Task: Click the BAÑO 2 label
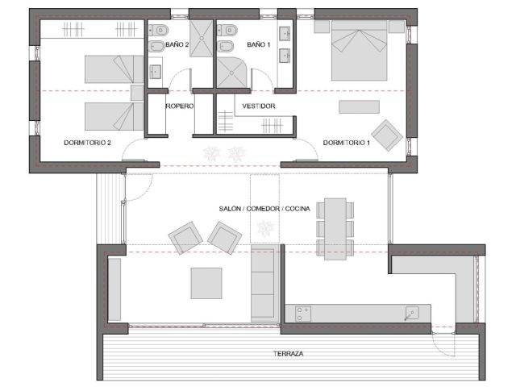(177, 44)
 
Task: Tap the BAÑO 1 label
(259, 44)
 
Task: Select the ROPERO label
(179, 106)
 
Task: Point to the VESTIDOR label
(259, 106)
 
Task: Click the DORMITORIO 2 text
(87, 143)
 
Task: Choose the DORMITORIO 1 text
(347, 143)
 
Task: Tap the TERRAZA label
(289, 354)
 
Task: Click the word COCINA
(298, 209)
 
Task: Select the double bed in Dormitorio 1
(359, 50)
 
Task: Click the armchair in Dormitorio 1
(387, 135)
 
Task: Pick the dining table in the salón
(335, 229)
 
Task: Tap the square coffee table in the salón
(206, 283)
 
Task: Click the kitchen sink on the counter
(412, 313)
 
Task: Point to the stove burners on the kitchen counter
(303, 314)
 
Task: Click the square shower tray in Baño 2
(202, 39)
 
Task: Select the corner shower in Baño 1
(231, 73)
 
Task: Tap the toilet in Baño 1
(227, 31)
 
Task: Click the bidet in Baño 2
(156, 47)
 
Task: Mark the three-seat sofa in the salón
(263, 283)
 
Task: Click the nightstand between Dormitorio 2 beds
(137, 93)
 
